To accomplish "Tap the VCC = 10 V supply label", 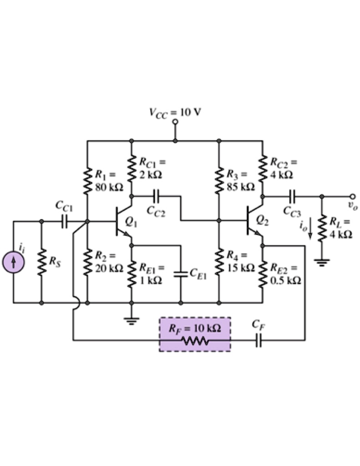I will pos(174,112).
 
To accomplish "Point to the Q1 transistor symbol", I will pos(121,222).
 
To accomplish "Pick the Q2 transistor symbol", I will pos(253,222).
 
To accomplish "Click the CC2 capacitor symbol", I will pos(156,197).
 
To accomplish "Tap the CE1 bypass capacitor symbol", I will pos(181,274).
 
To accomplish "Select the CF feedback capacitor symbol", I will pos(259,339).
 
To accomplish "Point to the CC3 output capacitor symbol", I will pos(292,197).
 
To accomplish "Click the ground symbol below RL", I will pos(322,263).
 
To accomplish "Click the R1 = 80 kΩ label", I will pos(107,180).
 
